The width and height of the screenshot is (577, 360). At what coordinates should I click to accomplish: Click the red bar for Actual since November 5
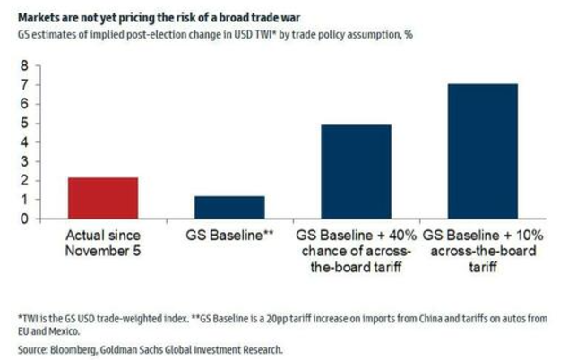tap(103, 198)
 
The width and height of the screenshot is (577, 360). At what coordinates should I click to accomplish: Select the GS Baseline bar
tap(229, 208)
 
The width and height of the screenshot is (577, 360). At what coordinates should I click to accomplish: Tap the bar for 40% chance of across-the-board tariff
tap(357, 172)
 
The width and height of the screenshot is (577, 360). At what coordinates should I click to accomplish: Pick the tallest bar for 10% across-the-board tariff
tap(483, 151)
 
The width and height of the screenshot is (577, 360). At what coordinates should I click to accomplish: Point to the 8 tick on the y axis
tap(24, 66)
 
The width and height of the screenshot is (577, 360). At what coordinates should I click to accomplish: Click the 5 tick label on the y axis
tap(24, 124)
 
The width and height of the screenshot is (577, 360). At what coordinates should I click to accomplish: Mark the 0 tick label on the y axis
tap(24, 219)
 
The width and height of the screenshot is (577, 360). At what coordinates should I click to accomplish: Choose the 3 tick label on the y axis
tap(24, 161)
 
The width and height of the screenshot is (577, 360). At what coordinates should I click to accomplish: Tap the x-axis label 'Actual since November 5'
tap(103, 243)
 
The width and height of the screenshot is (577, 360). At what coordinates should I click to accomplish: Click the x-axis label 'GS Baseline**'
tap(229, 236)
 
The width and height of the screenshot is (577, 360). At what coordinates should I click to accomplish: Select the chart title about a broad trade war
tap(159, 18)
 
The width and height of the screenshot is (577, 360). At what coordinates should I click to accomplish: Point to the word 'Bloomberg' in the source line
tap(73, 349)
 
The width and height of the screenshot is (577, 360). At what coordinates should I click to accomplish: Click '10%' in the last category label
tap(529, 236)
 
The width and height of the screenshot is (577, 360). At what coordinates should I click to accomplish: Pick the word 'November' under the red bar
tap(93, 251)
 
